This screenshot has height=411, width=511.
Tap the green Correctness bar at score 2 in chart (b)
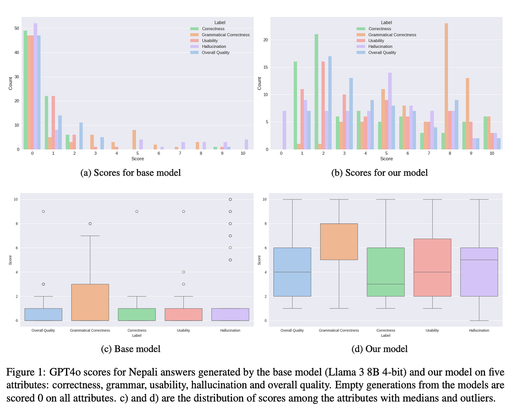316,92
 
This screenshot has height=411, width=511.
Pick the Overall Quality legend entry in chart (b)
382,52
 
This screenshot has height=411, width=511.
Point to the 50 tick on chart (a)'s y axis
17,29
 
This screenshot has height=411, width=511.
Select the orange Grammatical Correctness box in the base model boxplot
90,302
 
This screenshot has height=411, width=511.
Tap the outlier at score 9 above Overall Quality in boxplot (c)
43,211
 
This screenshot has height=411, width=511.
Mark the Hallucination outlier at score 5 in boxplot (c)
230,260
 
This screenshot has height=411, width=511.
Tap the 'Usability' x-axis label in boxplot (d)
432,330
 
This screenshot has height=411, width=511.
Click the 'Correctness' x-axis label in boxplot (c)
137,330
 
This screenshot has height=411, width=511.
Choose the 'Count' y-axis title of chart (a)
11,83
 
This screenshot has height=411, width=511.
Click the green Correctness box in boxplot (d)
386,272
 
